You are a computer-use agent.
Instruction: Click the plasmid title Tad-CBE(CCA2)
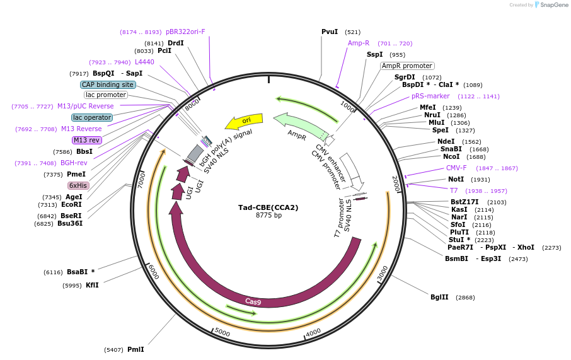click(x=268, y=207)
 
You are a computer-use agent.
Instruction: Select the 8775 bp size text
click(x=268, y=216)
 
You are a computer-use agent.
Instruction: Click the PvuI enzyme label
click(x=330, y=32)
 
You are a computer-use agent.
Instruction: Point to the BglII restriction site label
click(x=439, y=297)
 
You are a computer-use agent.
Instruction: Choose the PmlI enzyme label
click(x=136, y=349)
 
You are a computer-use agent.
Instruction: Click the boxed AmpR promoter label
click(x=407, y=66)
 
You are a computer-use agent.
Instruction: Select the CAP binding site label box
click(x=108, y=84)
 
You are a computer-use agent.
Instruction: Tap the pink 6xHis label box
click(x=78, y=185)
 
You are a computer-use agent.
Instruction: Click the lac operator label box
click(x=92, y=117)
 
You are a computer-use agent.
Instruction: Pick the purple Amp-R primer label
click(x=359, y=44)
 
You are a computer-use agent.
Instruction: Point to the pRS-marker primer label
click(x=430, y=96)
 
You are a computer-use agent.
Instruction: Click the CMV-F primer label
click(x=456, y=168)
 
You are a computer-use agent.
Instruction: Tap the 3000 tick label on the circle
click(x=383, y=274)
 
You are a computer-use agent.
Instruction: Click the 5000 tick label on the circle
click(x=222, y=331)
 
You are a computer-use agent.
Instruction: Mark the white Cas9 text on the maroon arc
click(x=253, y=302)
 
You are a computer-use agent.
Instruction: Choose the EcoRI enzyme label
click(x=72, y=204)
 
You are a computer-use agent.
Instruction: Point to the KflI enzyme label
click(x=92, y=285)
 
